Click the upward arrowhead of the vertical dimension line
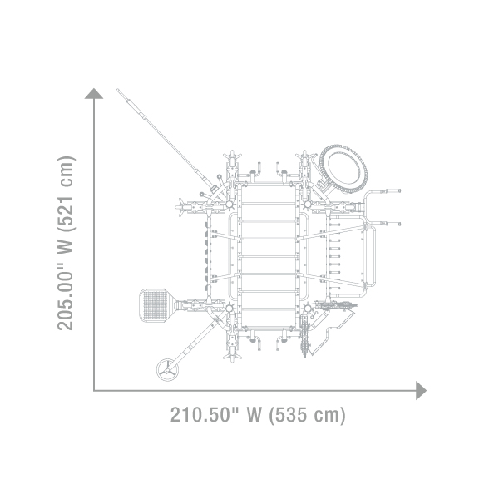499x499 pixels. (94, 94)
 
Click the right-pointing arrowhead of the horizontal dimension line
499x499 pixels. (421, 391)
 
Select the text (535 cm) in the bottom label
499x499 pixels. (308, 415)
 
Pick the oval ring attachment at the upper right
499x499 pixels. (343, 169)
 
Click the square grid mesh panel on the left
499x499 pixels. (156, 305)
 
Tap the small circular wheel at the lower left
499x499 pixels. (167, 370)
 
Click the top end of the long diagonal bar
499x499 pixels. (117, 90)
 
